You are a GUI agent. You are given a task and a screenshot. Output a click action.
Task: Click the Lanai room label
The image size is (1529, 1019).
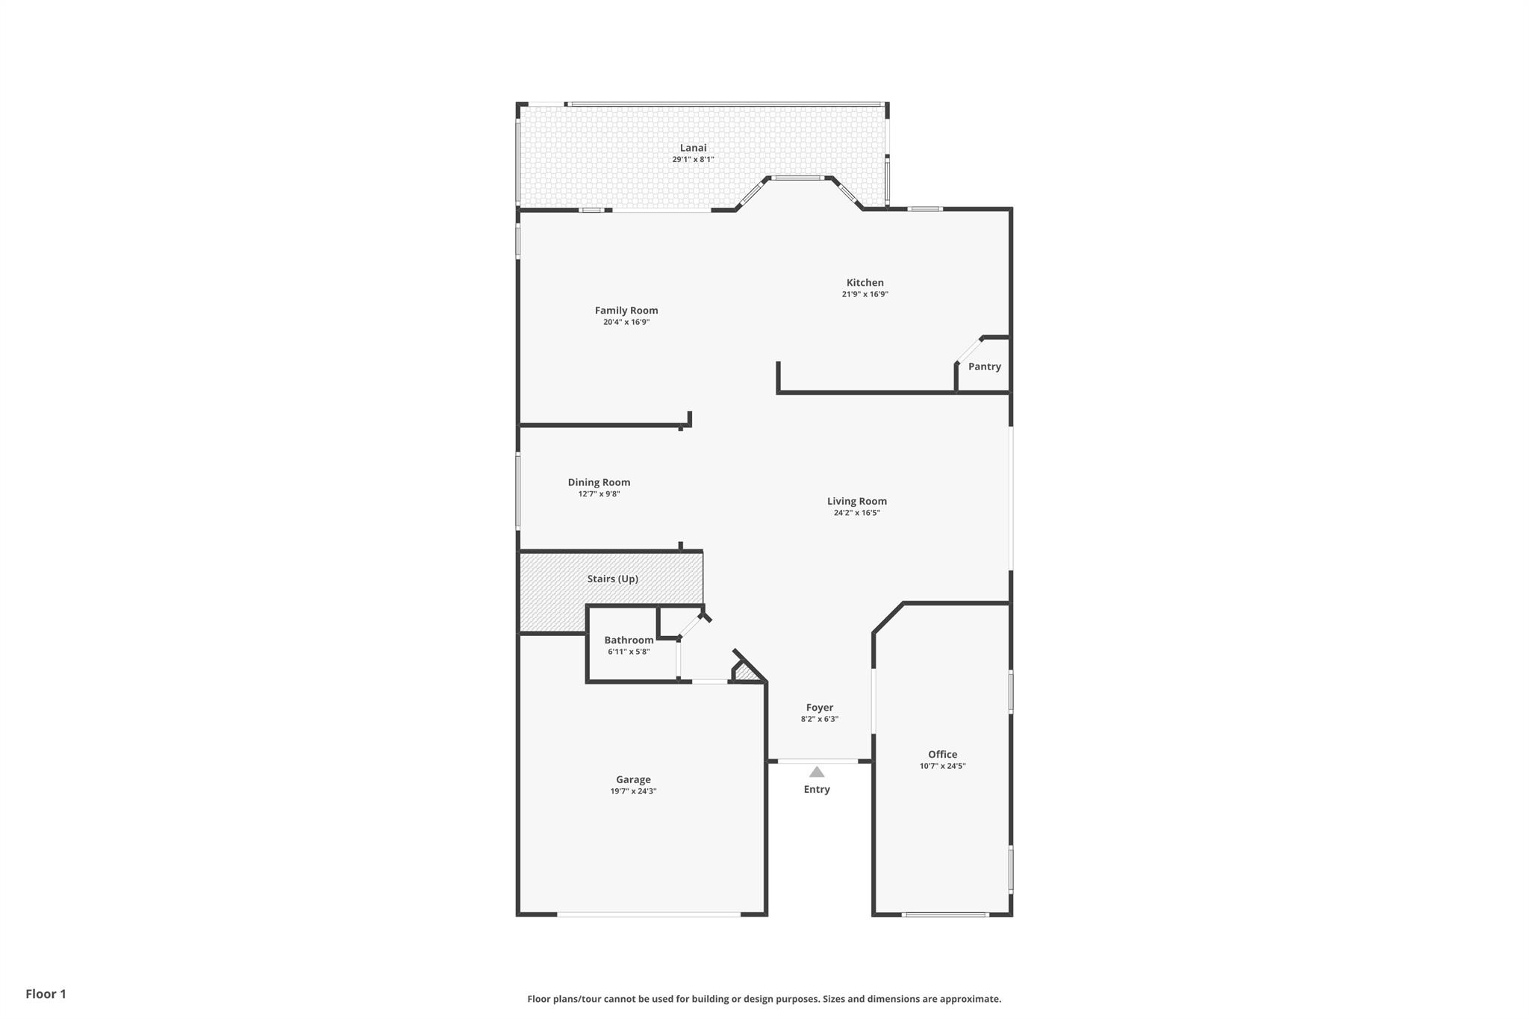pos(693,148)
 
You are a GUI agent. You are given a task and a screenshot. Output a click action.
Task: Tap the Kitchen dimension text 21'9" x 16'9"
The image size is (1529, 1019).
pos(865,294)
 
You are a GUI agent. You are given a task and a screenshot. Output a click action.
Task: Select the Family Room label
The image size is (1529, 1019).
pos(626,311)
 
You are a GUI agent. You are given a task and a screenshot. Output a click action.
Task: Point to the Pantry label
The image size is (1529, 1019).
pos(984,367)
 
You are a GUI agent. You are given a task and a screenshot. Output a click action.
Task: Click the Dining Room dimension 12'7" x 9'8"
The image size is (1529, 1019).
pos(599,494)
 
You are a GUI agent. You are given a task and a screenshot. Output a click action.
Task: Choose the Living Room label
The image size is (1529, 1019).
pos(856,501)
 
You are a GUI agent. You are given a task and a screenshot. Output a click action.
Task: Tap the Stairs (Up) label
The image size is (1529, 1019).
pos(612,579)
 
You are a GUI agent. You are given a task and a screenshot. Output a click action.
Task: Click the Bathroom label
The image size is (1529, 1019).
pos(629,640)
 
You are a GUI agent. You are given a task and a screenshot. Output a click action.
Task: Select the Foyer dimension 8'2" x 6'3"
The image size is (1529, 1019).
pos(819,719)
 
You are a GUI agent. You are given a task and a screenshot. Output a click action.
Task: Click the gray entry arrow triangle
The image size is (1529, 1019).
pos(817,772)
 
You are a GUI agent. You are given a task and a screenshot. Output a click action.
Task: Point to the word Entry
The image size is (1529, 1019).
pos(817,789)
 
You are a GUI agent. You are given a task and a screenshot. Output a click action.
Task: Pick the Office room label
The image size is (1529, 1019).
pos(942,754)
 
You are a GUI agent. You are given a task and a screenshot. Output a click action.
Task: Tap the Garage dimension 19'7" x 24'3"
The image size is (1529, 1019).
pos(633,791)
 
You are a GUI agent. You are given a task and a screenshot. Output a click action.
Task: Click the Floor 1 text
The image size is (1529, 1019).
pos(46,994)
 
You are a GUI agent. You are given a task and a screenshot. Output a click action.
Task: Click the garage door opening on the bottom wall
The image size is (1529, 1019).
pos(648,914)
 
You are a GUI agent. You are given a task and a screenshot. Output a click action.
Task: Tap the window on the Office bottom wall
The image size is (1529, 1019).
pos(944,914)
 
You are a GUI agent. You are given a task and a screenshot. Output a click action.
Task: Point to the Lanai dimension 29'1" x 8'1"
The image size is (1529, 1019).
pos(693,159)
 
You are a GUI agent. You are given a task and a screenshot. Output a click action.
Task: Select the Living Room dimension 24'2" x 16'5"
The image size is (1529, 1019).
pos(856,513)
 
